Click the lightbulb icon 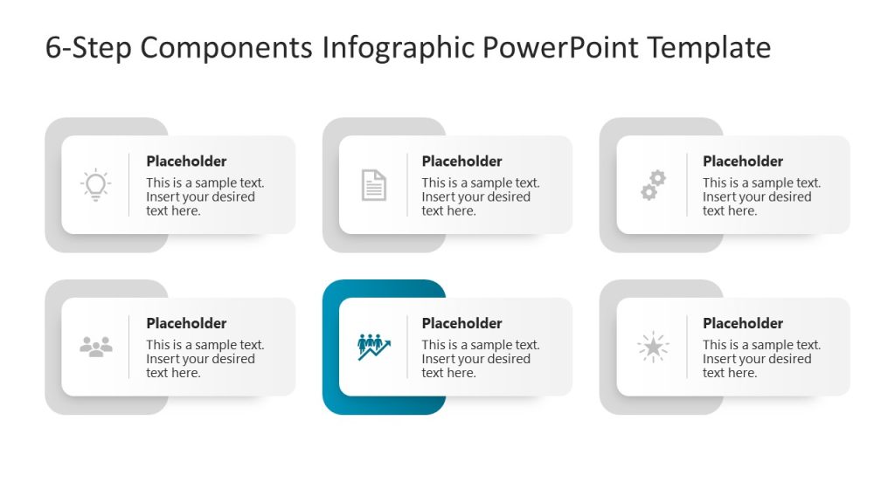click(95, 185)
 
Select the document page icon click(373, 185)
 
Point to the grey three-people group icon click(96, 347)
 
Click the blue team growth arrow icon click(374, 347)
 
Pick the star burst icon click(653, 347)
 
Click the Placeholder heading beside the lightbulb click(186, 162)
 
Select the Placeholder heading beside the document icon click(461, 162)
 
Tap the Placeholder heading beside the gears click(743, 162)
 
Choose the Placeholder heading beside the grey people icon click(186, 323)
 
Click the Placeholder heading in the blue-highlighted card click(461, 323)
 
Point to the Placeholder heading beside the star click(743, 323)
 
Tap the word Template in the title click(709, 48)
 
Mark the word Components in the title click(225, 48)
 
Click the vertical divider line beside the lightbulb click(129, 185)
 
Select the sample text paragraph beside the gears click(761, 196)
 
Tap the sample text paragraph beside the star click(761, 359)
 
